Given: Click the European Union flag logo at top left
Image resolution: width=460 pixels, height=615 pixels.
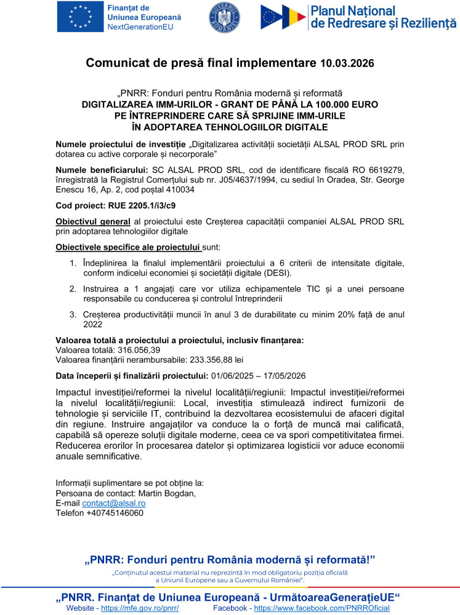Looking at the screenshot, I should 79,17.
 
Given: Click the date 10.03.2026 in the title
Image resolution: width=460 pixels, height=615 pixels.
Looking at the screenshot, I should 347,63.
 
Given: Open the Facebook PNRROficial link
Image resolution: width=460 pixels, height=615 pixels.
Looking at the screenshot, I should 321,608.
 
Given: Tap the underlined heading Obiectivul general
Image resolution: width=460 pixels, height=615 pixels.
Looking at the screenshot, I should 92,221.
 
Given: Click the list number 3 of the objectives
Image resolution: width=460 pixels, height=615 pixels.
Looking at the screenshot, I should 71,315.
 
